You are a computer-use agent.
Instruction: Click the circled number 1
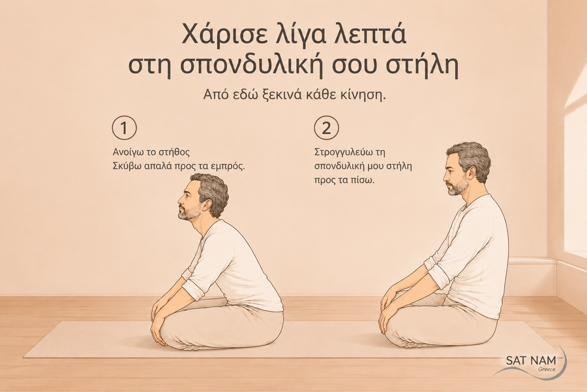pos(125,128)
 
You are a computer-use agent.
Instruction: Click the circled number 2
pos(327,128)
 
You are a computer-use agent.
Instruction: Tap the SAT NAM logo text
pos(531,361)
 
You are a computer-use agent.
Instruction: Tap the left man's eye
pos(188,191)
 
